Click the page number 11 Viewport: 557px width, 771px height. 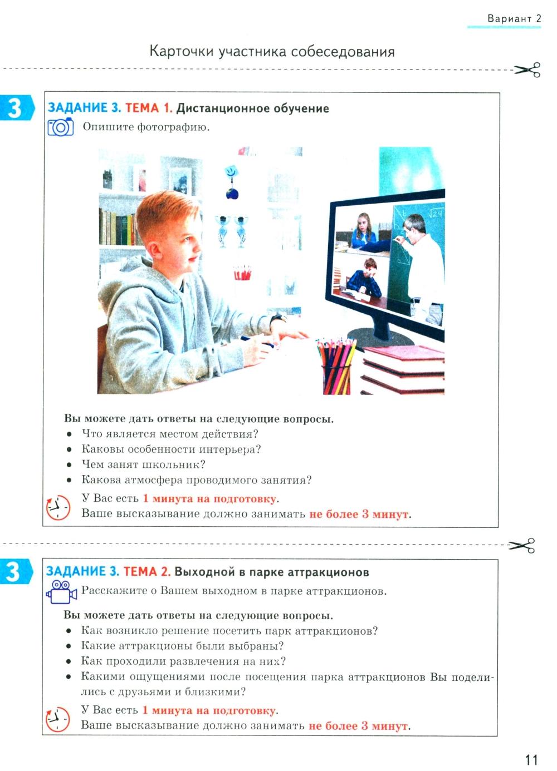[531, 759]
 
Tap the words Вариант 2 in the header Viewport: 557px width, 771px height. [514, 18]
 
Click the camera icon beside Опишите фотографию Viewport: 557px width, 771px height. [60, 127]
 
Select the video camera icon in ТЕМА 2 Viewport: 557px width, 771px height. [61, 592]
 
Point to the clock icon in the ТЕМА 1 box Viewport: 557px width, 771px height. [58, 507]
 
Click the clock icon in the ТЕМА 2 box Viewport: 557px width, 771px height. [57, 719]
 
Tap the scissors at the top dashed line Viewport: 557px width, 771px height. [527, 70]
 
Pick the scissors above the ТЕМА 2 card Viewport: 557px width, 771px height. [521, 545]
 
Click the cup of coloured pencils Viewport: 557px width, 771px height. [336, 366]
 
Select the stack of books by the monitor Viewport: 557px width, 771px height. [403, 370]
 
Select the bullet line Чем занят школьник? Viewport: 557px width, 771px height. [143, 464]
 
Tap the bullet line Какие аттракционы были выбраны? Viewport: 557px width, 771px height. [182, 646]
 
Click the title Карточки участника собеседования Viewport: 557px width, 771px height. [272, 52]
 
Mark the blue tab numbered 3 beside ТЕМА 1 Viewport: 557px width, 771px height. [17, 108]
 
